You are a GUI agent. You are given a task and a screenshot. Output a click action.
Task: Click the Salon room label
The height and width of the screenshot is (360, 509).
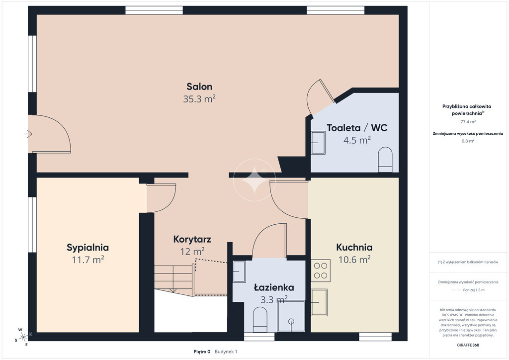point(199,87)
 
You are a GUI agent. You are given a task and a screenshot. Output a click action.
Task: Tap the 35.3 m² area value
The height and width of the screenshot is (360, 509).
point(199,99)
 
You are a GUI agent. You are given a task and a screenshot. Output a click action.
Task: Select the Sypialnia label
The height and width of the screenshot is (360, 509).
point(87,248)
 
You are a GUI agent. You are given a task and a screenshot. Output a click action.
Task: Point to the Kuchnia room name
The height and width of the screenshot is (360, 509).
point(354,247)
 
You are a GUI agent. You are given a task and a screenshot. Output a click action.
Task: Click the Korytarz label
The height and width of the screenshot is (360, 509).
point(192,240)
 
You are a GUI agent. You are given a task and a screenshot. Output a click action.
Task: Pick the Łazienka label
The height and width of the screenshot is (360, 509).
point(274,287)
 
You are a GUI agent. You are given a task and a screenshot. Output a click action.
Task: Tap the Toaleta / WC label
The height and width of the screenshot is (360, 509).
point(357,128)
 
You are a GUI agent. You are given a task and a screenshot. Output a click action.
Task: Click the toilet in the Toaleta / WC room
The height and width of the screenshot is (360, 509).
point(385,160)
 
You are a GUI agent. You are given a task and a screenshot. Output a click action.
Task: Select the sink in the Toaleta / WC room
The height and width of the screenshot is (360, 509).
point(318,143)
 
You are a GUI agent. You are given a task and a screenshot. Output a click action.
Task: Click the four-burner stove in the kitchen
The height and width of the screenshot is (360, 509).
point(321,270)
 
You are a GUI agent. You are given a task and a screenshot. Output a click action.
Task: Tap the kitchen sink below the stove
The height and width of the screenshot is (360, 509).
point(319,302)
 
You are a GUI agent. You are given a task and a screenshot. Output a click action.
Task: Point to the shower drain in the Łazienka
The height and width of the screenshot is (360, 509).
point(291,321)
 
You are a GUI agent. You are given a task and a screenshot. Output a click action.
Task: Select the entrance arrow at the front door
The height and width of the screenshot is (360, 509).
point(28,134)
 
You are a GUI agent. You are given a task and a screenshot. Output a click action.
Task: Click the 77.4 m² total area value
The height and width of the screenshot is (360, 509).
point(468,122)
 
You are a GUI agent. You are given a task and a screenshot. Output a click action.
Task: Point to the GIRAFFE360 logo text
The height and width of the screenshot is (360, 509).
point(468,345)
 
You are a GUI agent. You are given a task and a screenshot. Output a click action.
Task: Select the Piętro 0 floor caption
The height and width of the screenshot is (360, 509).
point(202,352)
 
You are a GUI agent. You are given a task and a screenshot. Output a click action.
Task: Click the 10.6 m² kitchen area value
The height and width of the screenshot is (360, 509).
point(354,260)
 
